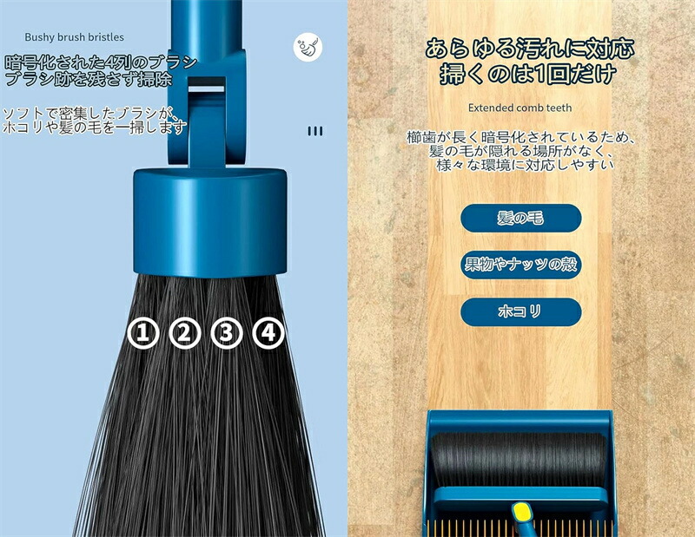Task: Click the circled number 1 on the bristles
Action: (x=143, y=333)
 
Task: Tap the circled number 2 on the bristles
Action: (x=185, y=333)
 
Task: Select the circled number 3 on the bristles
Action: (x=227, y=333)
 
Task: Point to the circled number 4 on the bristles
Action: (x=268, y=333)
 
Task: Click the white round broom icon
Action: (x=308, y=47)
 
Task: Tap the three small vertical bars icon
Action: (x=315, y=131)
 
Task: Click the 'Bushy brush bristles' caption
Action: (x=74, y=37)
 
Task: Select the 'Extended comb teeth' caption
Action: (x=520, y=108)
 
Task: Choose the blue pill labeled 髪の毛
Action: (x=520, y=218)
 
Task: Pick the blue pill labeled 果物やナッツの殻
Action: (x=520, y=265)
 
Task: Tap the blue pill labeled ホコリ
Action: (x=520, y=311)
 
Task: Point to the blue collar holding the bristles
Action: (x=210, y=223)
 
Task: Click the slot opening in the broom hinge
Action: (x=207, y=88)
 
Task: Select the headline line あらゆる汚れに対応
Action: (x=530, y=49)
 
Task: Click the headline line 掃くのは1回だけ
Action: (x=528, y=74)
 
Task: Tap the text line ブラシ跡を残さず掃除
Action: (x=89, y=79)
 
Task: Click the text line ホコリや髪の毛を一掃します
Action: (x=95, y=128)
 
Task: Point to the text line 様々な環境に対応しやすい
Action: (x=525, y=165)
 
